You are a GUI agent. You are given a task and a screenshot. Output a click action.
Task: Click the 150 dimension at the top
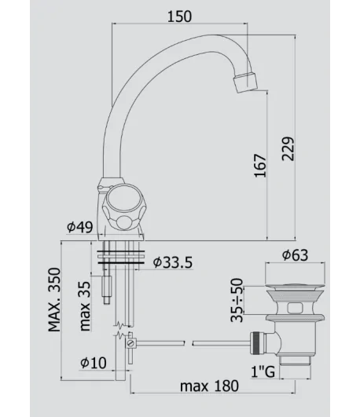(179, 16)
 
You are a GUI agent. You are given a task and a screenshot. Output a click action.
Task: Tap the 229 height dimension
(288, 148)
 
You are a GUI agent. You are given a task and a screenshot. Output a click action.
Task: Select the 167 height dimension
(260, 165)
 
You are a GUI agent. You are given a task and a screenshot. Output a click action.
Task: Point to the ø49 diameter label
(80, 227)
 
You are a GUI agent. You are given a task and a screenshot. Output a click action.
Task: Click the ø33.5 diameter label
(173, 262)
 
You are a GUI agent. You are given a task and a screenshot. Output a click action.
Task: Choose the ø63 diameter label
(295, 255)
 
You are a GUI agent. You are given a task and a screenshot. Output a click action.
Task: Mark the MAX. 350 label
(54, 299)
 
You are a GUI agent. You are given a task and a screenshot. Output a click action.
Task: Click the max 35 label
(85, 306)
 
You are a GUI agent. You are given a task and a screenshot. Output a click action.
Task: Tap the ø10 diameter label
(94, 363)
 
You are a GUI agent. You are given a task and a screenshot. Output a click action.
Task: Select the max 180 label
(209, 386)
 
